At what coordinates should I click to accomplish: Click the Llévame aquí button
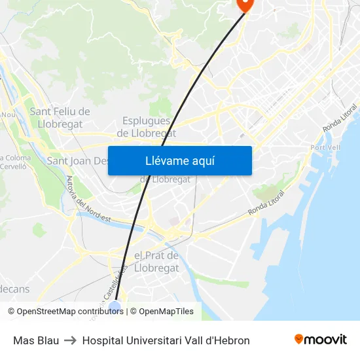179,160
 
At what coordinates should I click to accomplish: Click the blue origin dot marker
115,306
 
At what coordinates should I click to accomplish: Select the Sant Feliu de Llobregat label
60,118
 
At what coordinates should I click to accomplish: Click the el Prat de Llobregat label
156,262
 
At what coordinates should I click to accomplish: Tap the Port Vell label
325,147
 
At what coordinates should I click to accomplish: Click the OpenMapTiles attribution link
166,312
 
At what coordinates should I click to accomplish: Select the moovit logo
320,340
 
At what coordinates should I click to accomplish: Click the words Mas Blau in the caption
36,340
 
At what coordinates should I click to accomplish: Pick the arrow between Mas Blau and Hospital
71,340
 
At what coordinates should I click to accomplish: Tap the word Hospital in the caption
102,340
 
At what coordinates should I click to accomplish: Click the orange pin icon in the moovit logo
299,339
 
